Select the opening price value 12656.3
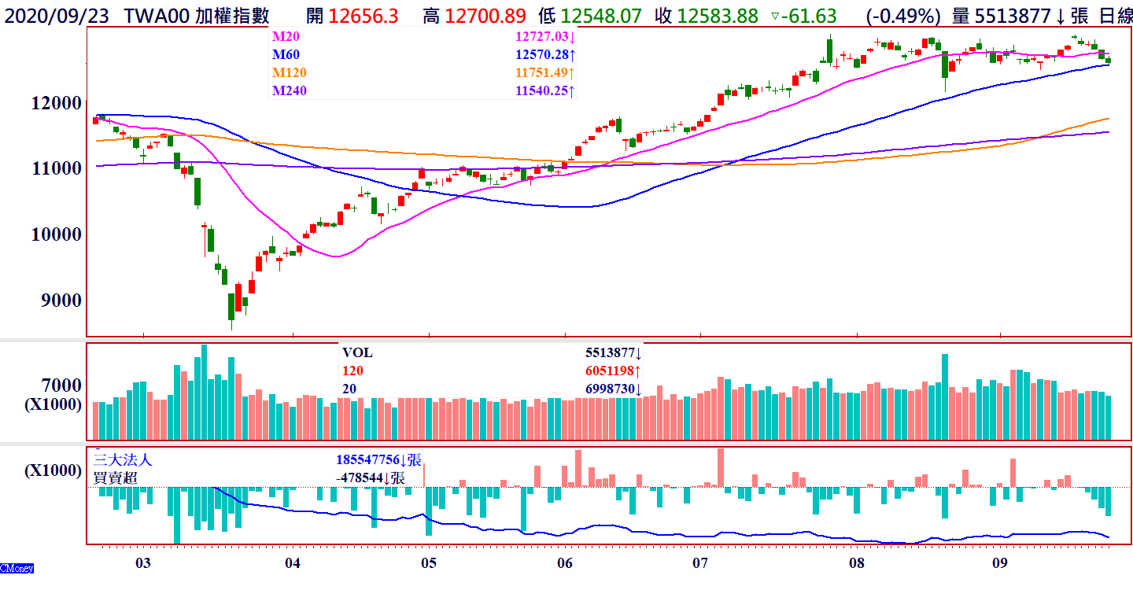tap(364, 16)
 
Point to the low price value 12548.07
tap(600, 16)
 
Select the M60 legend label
tap(286, 54)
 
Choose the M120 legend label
tap(289, 72)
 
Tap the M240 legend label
tap(289, 90)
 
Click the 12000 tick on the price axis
tap(57, 103)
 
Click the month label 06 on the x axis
tap(564, 563)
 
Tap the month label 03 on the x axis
tap(142, 563)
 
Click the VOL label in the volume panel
tap(357, 353)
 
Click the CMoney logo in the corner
tap(17, 568)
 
